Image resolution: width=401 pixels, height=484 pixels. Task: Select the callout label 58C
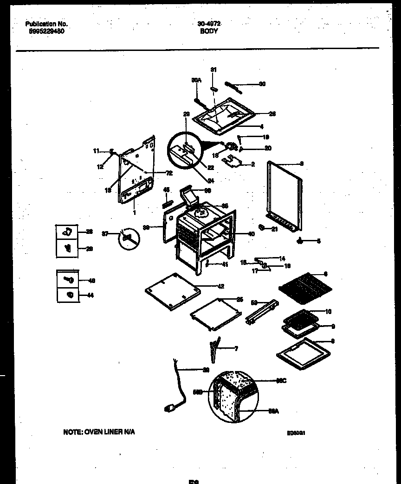pyautogui.click(x=281, y=381)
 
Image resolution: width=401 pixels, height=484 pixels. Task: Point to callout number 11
pyautogui.click(x=96, y=151)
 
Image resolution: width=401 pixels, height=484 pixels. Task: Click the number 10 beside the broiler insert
pyautogui.click(x=328, y=312)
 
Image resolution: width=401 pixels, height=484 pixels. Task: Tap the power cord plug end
pyautogui.click(x=170, y=408)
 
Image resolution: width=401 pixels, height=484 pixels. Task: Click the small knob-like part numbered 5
pyautogui.click(x=300, y=240)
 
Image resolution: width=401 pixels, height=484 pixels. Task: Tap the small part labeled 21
pyautogui.click(x=262, y=227)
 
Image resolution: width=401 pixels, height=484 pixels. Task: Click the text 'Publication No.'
pyautogui.click(x=46, y=24)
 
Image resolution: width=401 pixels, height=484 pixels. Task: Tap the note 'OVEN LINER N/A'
pyautogui.click(x=99, y=432)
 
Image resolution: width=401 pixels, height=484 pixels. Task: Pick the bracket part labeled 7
pyautogui.click(x=214, y=351)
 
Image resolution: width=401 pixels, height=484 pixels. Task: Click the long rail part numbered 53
pyautogui.click(x=263, y=311)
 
